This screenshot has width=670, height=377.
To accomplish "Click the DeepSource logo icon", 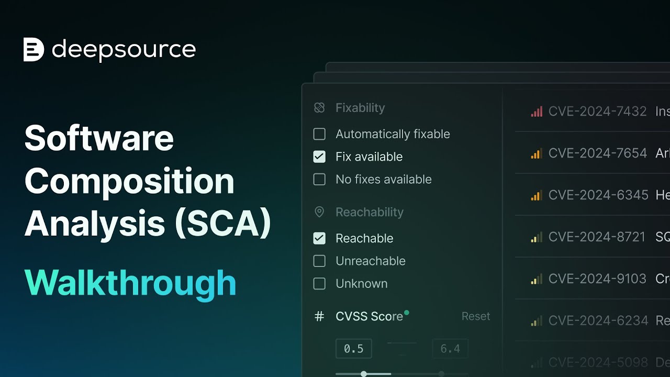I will (33, 50).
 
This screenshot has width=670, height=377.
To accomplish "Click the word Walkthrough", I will (130, 283).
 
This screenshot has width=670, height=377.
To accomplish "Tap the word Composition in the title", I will (129, 181).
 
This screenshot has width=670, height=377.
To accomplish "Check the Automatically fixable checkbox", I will (319, 134).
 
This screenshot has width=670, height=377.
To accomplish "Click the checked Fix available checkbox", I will (319, 157).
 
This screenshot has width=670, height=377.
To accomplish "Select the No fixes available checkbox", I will (319, 179).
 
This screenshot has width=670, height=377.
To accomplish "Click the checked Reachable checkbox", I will (319, 238).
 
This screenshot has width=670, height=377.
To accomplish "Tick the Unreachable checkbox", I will (319, 261).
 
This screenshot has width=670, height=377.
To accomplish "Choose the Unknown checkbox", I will (319, 283).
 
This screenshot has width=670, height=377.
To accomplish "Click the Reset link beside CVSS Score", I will (476, 316).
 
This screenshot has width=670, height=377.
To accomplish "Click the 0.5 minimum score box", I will (354, 349).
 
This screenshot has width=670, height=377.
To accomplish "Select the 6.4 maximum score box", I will (450, 349).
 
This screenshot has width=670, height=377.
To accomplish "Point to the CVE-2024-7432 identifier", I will (597, 111).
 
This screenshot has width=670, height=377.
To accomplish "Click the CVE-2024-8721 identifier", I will (597, 237).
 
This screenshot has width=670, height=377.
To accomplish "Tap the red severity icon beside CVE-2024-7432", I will (536, 112).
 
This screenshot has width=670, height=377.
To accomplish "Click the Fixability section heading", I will (360, 108).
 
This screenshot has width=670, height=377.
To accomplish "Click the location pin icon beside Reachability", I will (319, 212).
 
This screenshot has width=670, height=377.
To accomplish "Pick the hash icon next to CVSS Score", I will (319, 316).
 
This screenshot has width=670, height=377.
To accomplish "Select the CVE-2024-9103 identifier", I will (597, 279).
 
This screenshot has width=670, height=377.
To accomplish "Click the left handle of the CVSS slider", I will (364, 374).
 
